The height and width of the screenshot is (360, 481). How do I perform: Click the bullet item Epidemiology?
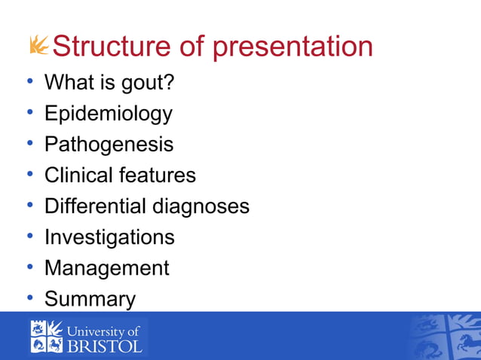coord(108,114)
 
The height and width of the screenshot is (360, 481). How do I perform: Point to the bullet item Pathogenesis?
coord(109,145)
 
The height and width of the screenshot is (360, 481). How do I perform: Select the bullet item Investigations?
coord(109,237)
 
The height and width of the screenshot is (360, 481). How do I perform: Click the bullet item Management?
coord(106,268)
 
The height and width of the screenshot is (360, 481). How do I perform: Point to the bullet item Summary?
coord(90,299)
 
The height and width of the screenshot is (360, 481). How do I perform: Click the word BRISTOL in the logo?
coord(106,346)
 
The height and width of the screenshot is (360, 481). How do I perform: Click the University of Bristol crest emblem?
coord(47,337)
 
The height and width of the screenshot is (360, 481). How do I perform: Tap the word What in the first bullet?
coord(64,82)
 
